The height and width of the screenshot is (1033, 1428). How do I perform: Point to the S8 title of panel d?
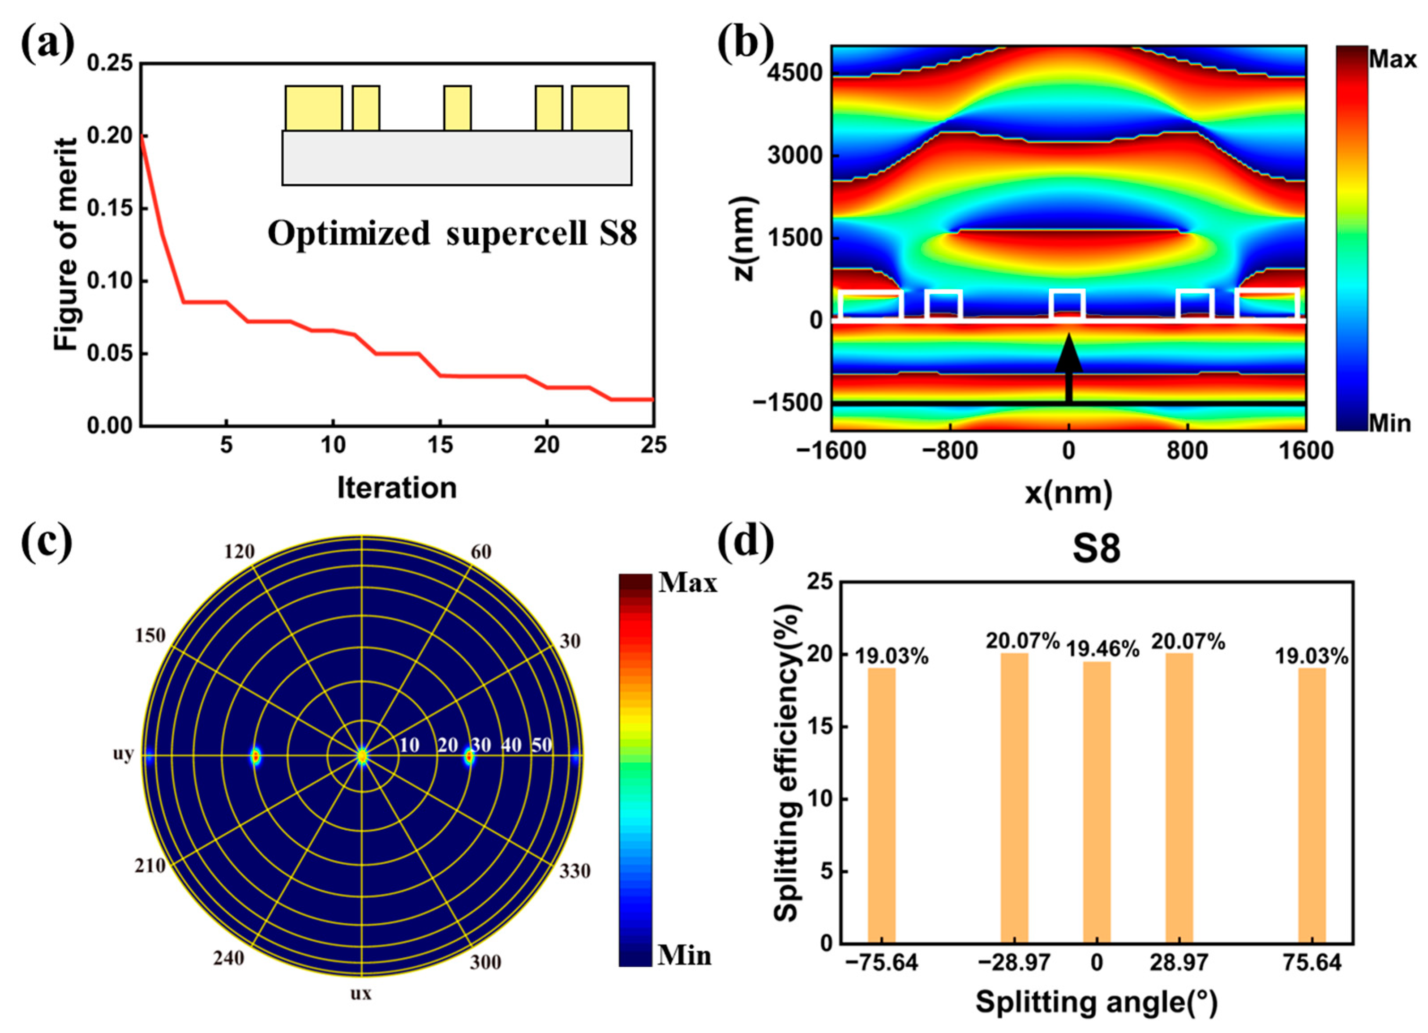[1096, 549]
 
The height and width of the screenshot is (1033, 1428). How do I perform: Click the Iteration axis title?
[397, 488]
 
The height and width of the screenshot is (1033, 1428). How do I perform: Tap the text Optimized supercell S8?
[452, 234]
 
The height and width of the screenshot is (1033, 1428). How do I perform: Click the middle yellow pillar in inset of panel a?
[457, 108]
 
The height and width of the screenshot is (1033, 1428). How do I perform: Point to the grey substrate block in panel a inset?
[456, 158]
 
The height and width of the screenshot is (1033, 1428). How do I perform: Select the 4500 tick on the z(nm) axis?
[794, 73]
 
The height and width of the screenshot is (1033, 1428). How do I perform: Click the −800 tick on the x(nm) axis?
[949, 451]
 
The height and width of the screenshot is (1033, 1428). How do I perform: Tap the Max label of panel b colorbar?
[1392, 60]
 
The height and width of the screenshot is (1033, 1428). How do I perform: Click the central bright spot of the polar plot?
[361, 755]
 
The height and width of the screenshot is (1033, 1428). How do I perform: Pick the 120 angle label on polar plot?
[239, 552]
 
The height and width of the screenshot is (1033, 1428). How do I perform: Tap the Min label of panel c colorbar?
[684, 956]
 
